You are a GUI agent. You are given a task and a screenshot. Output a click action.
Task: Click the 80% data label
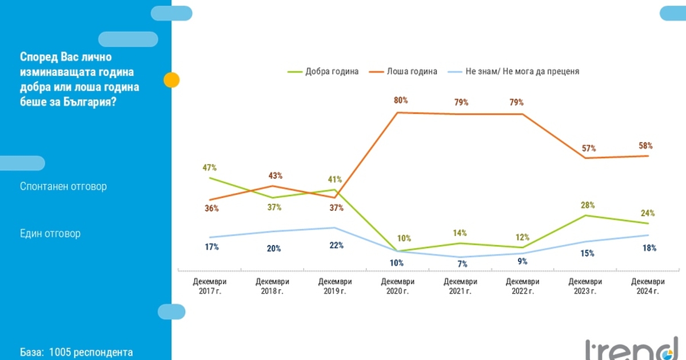(x=401, y=100)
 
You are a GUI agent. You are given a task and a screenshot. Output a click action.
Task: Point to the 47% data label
(x=209, y=167)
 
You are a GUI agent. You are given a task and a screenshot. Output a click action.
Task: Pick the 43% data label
(x=276, y=175)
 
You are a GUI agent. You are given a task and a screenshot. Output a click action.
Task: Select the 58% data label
(x=646, y=146)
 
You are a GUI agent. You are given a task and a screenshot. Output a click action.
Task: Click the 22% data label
(x=336, y=245)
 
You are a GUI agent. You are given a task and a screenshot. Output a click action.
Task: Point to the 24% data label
(x=648, y=213)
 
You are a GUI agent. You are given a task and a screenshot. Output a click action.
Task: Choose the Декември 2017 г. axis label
(x=210, y=286)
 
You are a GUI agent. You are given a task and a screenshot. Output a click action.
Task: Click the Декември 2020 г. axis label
(x=397, y=286)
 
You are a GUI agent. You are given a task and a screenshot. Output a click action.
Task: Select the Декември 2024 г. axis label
(x=648, y=286)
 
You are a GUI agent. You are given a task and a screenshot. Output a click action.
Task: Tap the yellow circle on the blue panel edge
(x=171, y=80)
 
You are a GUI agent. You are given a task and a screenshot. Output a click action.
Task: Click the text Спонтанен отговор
(x=63, y=187)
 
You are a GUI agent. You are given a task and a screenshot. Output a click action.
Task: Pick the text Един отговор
(x=50, y=234)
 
